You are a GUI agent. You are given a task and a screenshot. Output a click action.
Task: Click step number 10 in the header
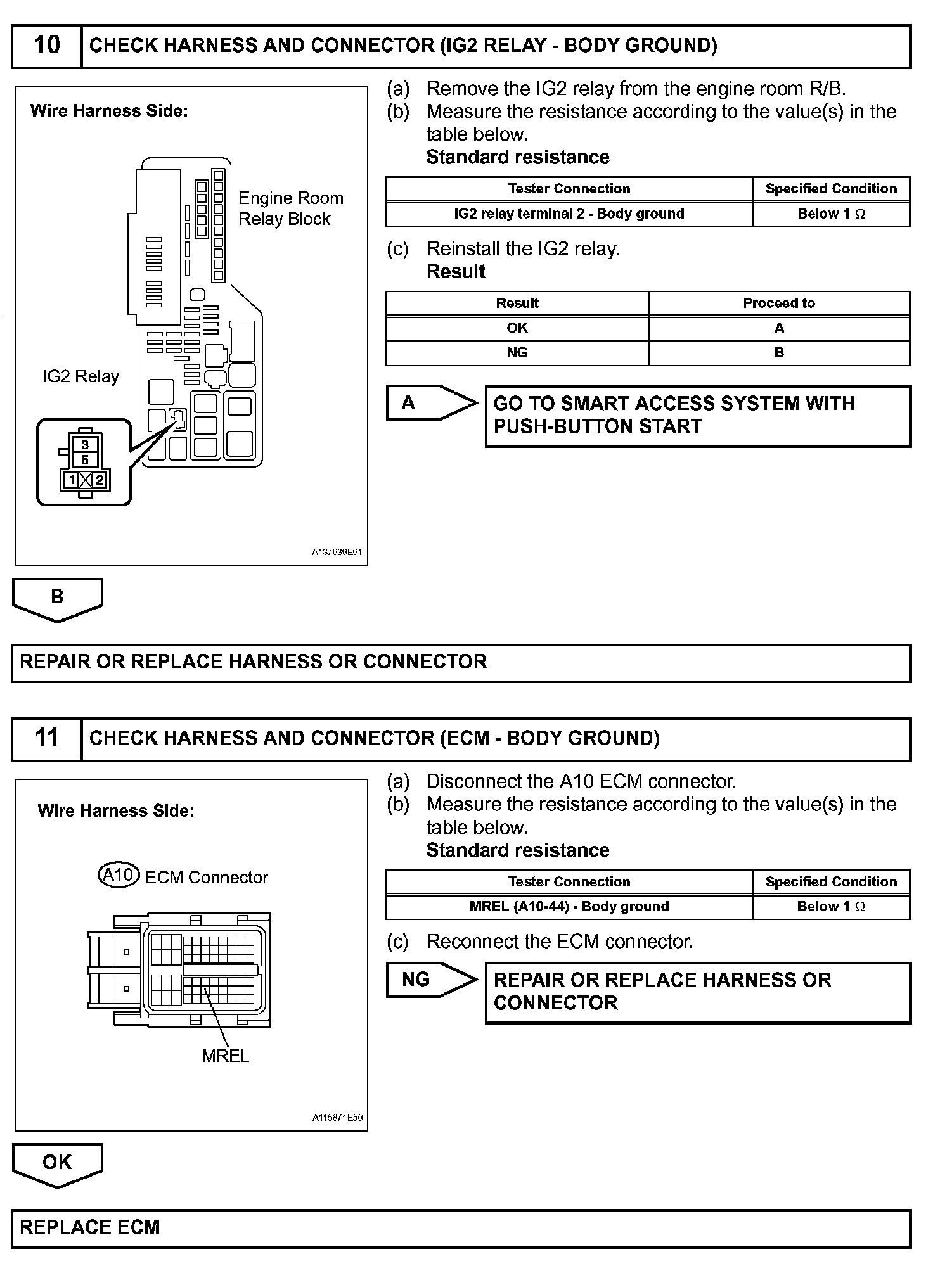47,46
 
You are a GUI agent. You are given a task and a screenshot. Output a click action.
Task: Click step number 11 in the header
47,738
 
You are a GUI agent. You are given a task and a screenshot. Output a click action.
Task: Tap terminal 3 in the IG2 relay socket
85,445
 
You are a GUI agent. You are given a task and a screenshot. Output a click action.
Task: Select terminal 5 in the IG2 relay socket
85,460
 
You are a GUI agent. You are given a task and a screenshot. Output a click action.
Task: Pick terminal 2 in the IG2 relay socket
99,480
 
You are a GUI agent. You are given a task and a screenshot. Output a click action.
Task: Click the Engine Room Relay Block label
290,208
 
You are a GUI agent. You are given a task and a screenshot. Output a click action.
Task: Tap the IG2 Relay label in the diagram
80,376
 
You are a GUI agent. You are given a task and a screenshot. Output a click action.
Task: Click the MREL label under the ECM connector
225,1056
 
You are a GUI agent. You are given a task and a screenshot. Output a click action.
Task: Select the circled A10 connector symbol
119,876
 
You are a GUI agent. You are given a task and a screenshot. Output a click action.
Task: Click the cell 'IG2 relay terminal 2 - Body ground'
569,214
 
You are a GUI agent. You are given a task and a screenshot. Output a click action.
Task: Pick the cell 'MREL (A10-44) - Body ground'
569,906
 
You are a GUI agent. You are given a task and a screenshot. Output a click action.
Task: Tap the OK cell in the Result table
517,328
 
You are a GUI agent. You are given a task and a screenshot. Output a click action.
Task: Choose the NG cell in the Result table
517,353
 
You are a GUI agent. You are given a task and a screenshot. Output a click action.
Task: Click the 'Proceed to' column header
778,303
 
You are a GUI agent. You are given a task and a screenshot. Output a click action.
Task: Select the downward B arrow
57,598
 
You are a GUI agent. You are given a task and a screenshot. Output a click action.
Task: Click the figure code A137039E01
337,553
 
